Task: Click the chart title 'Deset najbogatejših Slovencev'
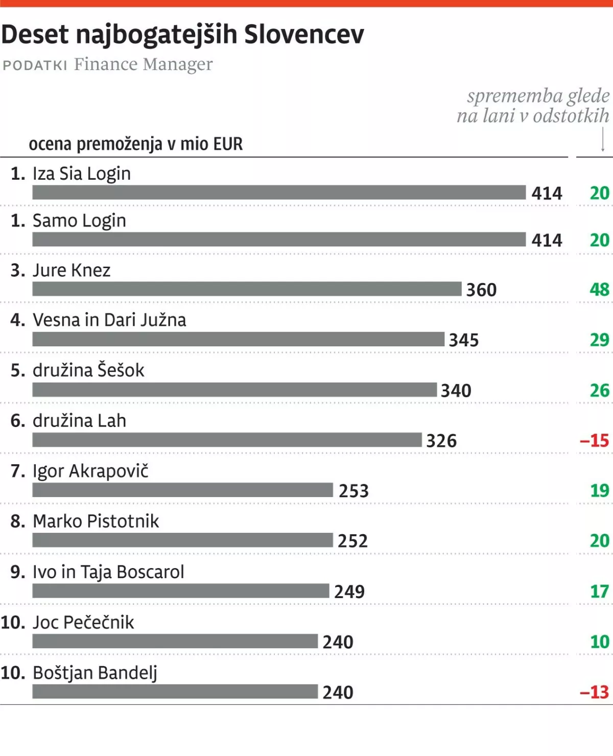(182, 35)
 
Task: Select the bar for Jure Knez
(247, 289)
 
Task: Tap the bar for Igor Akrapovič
(182, 490)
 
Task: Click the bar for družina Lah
(227, 440)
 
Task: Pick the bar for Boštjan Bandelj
(175, 692)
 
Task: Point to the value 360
(481, 290)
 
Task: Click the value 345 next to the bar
(464, 340)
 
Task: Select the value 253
(353, 491)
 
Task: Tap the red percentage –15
(595, 440)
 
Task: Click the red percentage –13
(595, 692)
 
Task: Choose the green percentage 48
(599, 290)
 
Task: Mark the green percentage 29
(599, 340)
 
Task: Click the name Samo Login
(79, 221)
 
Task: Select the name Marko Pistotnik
(96, 522)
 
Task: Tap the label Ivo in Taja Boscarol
(108, 572)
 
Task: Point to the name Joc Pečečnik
(83, 623)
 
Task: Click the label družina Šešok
(88, 370)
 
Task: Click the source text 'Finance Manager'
(143, 65)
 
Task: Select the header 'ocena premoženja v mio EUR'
(136, 145)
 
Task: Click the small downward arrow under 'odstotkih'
(603, 140)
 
